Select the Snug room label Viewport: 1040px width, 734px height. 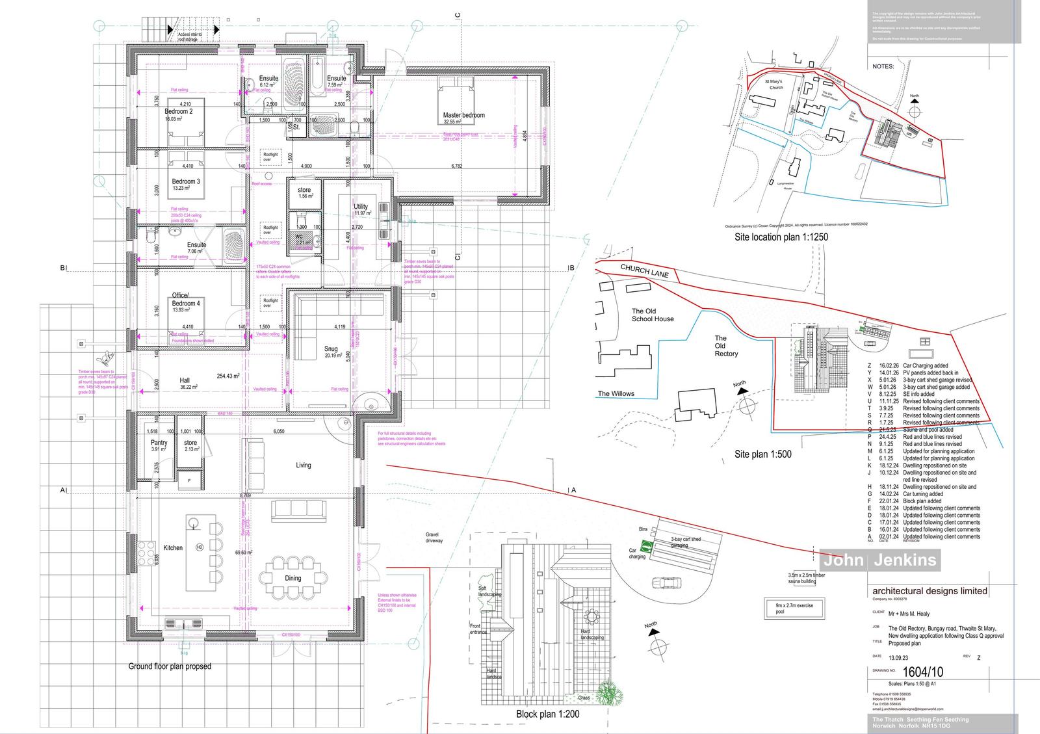point(331,348)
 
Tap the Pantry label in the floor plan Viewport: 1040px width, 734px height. point(159,442)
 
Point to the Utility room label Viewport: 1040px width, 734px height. point(361,207)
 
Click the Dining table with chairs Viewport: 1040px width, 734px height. point(292,577)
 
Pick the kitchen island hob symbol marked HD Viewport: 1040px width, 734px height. point(200,547)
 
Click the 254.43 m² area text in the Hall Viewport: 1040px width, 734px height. point(228,376)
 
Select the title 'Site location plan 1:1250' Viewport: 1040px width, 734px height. point(781,237)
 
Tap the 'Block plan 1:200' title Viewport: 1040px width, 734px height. point(547,714)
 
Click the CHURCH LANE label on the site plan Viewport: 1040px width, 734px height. point(643,270)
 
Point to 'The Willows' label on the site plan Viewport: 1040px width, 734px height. point(616,393)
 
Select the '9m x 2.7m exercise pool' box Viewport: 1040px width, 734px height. point(794,609)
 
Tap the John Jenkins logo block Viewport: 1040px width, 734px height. point(880,560)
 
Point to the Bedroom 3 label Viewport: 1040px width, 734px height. point(185,181)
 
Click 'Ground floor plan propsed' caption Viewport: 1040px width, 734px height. point(169,666)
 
